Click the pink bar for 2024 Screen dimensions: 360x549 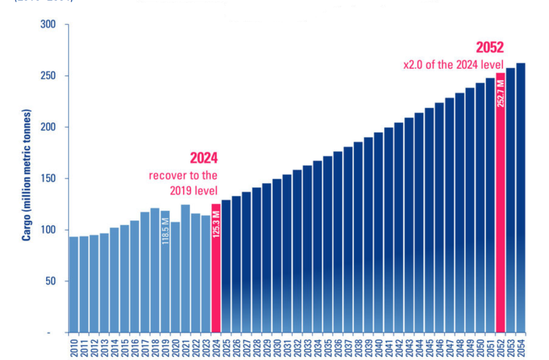point(216,268)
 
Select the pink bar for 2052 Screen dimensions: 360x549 point(500,202)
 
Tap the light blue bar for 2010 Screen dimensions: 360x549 point(74,284)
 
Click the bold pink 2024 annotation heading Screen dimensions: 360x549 point(204,158)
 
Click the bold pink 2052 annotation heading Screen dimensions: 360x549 point(489,48)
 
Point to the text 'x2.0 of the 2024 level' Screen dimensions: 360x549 point(453,64)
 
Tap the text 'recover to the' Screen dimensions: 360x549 point(183,175)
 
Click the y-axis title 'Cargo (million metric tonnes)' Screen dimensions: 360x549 point(27,176)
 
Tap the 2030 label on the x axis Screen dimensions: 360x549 point(277,346)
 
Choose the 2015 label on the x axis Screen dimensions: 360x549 point(125,346)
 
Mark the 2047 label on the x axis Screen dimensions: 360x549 point(449,346)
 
